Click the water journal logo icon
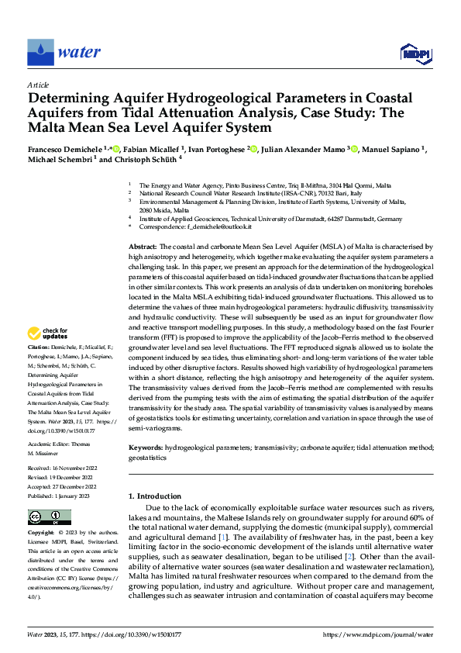coord(41,52)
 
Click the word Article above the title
coord(37,84)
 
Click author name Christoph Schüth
coord(141,159)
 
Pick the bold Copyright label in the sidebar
coord(41,534)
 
